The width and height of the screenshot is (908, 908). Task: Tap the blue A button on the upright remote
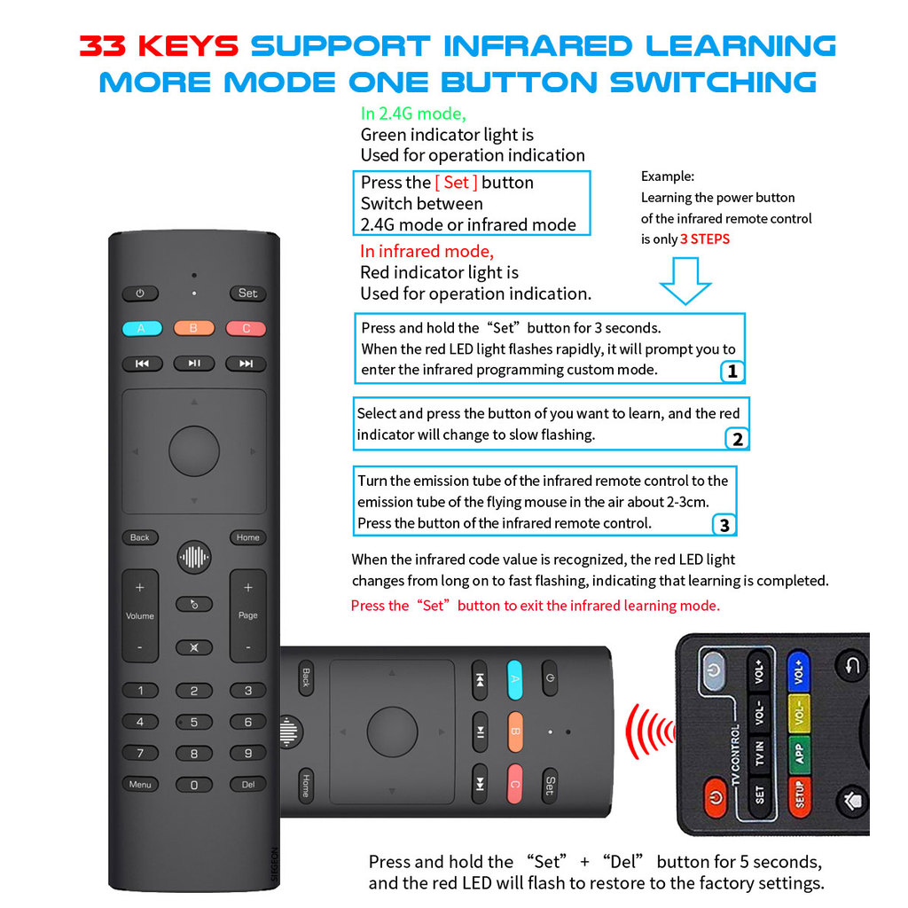point(140,328)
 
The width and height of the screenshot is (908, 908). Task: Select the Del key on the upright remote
point(247,784)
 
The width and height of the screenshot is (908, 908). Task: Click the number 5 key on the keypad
point(194,722)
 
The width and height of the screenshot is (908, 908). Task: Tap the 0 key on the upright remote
point(194,785)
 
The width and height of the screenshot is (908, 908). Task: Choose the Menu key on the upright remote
point(140,784)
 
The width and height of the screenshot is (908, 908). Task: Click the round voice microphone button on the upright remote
point(194,557)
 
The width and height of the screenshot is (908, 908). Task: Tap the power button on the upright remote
point(140,293)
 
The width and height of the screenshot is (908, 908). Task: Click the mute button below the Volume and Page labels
point(194,647)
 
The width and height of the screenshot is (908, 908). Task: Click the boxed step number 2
point(736,439)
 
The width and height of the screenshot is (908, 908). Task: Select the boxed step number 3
point(724,525)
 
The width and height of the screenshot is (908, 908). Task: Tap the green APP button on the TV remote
point(799,753)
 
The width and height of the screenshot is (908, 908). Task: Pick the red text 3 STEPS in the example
point(705,239)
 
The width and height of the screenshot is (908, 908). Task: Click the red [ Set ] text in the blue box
point(456,183)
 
